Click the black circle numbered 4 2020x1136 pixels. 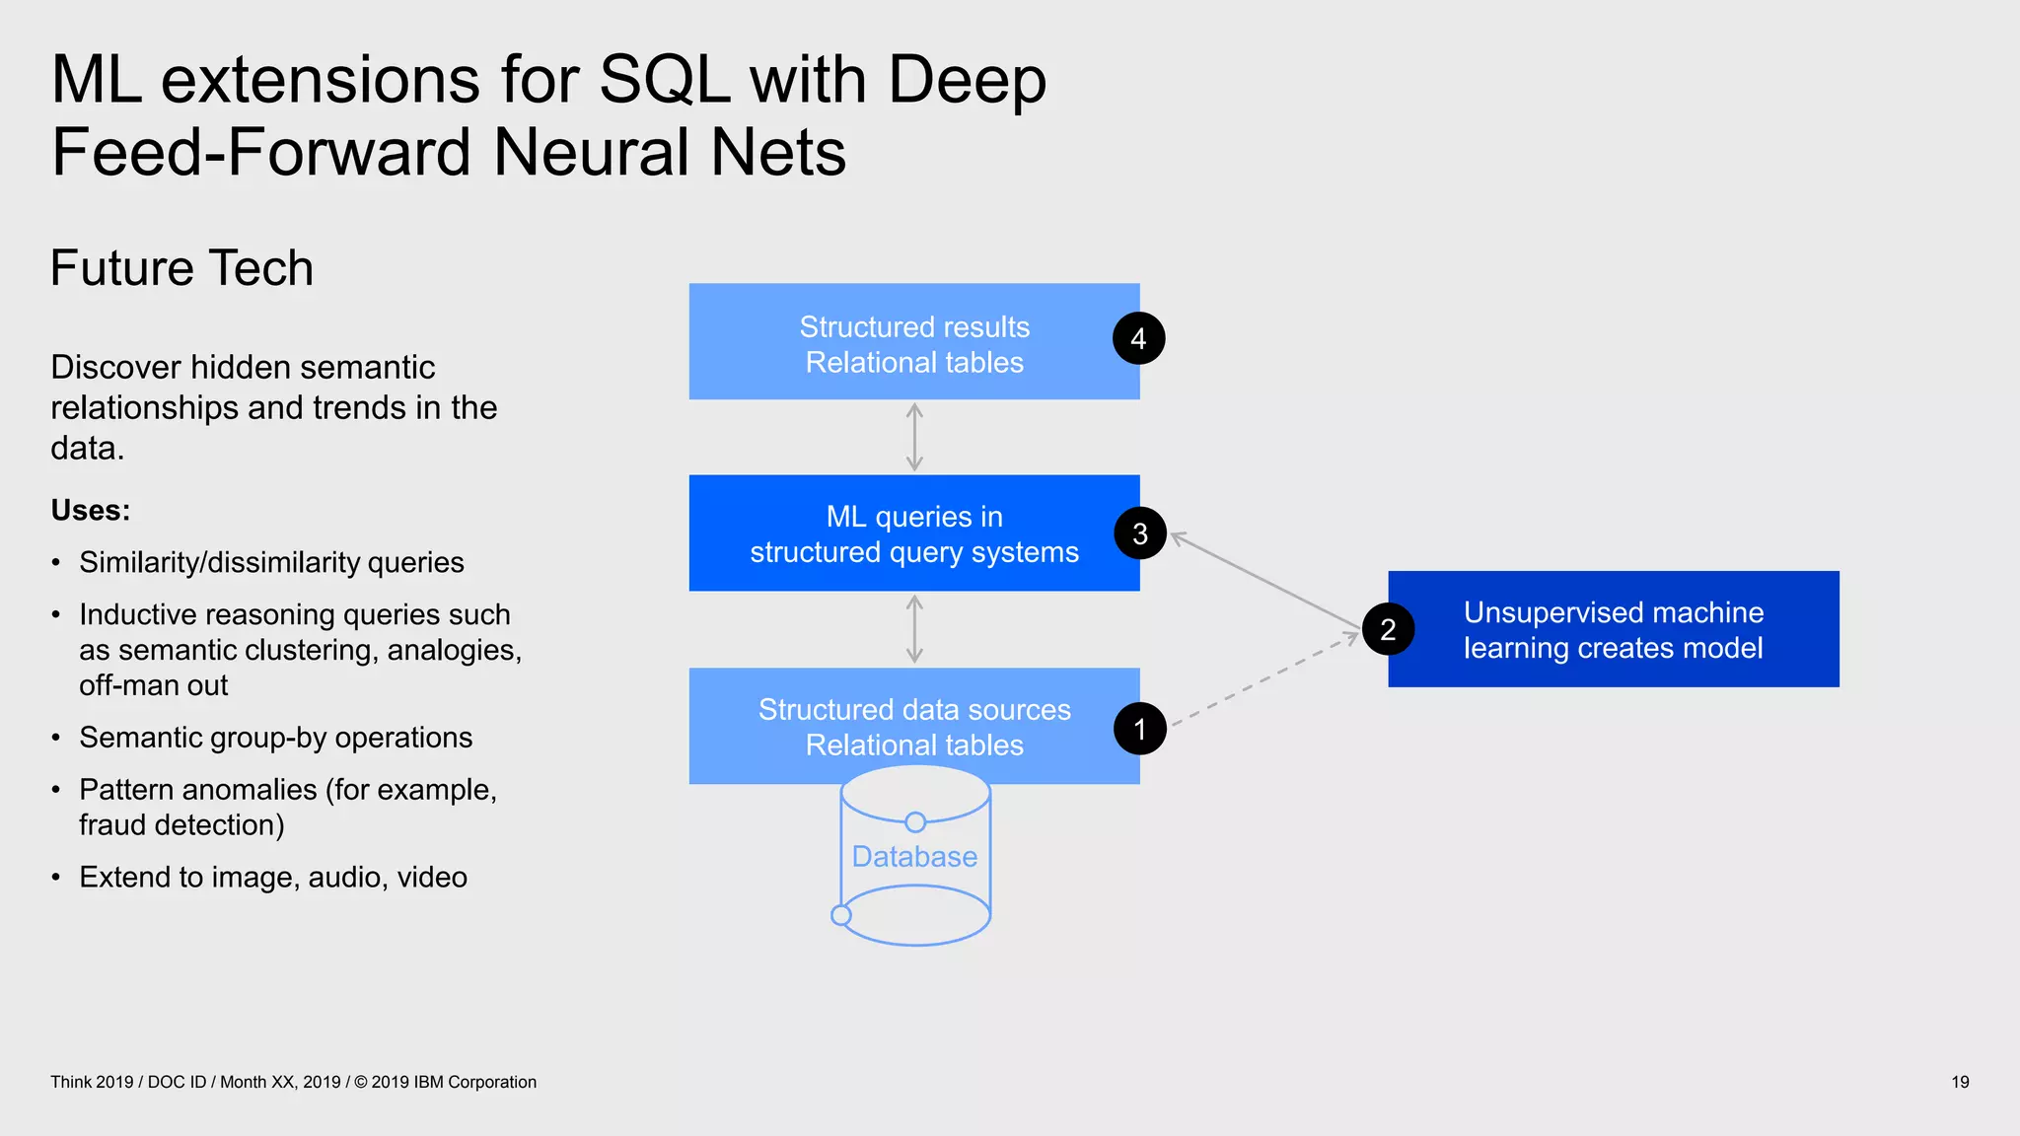tap(1138, 338)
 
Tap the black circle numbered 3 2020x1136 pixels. tap(1140, 533)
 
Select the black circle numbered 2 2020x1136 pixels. tap(1388, 629)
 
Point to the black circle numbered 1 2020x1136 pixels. tap(1139, 729)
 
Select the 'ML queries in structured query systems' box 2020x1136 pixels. tap(913, 533)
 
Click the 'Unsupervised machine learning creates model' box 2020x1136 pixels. tap(1614, 629)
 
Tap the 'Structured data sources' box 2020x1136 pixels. tap(913, 727)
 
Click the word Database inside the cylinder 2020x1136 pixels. tap(914, 857)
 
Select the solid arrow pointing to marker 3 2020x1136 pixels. tap(1265, 582)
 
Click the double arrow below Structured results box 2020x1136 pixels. tap(914, 437)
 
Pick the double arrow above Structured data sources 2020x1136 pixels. tap(914, 629)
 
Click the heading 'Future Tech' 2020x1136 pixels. tap(181, 268)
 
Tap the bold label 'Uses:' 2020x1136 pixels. tap(90, 511)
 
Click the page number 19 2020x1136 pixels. tap(1959, 1082)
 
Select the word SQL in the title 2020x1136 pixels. tap(665, 79)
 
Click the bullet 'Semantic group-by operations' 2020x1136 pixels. tap(275, 738)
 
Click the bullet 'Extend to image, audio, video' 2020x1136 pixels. tap(273, 877)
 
